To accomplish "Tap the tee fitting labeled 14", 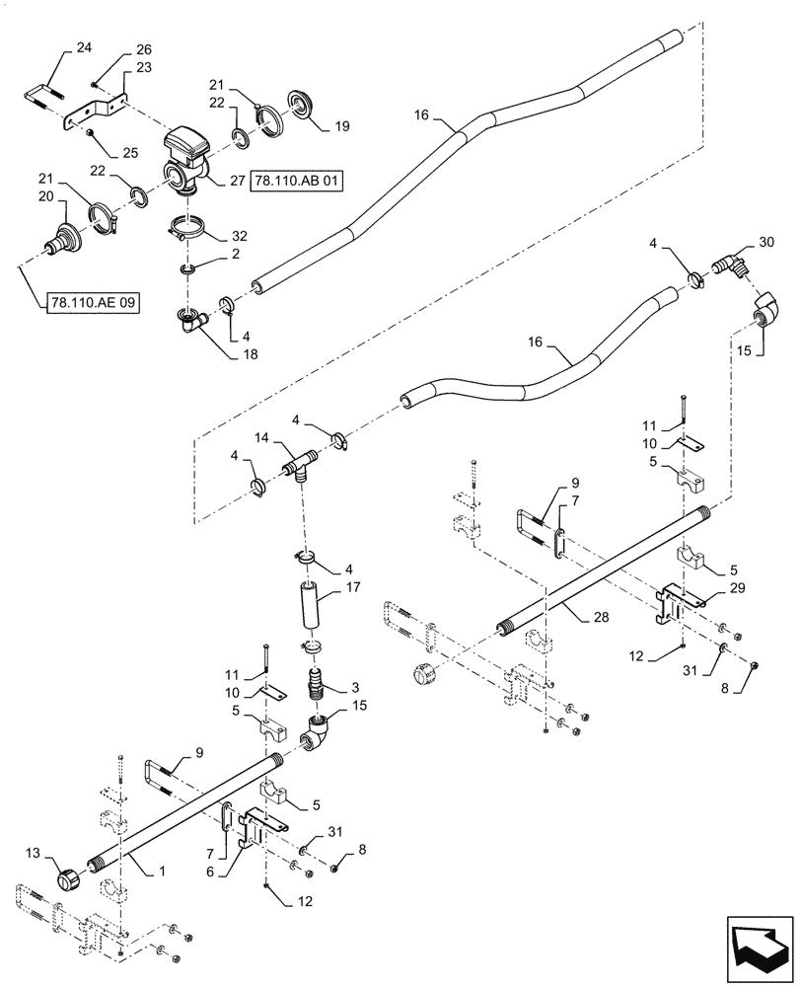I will tap(298, 463).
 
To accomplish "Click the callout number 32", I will tap(240, 237).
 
